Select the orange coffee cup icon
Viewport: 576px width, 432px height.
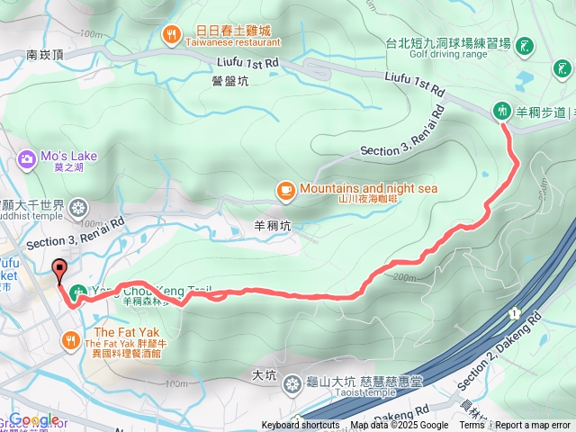click(x=285, y=189)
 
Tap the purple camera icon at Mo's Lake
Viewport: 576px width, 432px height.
click(x=26, y=159)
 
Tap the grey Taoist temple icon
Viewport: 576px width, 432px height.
click(x=292, y=385)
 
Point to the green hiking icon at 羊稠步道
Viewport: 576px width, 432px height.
click(x=501, y=112)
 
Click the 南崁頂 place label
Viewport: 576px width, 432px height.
click(x=45, y=55)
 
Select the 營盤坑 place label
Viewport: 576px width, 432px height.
click(x=230, y=80)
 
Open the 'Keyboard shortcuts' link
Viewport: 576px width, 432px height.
click(x=301, y=426)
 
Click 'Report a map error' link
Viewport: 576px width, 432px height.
click(x=533, y=426)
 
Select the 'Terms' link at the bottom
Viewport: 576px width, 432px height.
click(x=472, y=426)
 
